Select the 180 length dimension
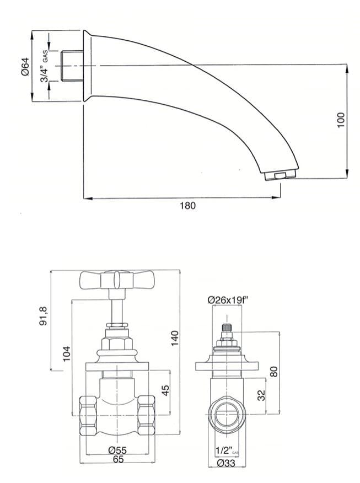click(188, 206)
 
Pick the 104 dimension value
click(66, 353)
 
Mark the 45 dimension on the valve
click(164, 390)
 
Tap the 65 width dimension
click(118, 458)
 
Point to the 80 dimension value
click(274, 371)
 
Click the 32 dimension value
click(261, 395)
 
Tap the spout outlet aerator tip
click(280, 176)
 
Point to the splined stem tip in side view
click(225, 329)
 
